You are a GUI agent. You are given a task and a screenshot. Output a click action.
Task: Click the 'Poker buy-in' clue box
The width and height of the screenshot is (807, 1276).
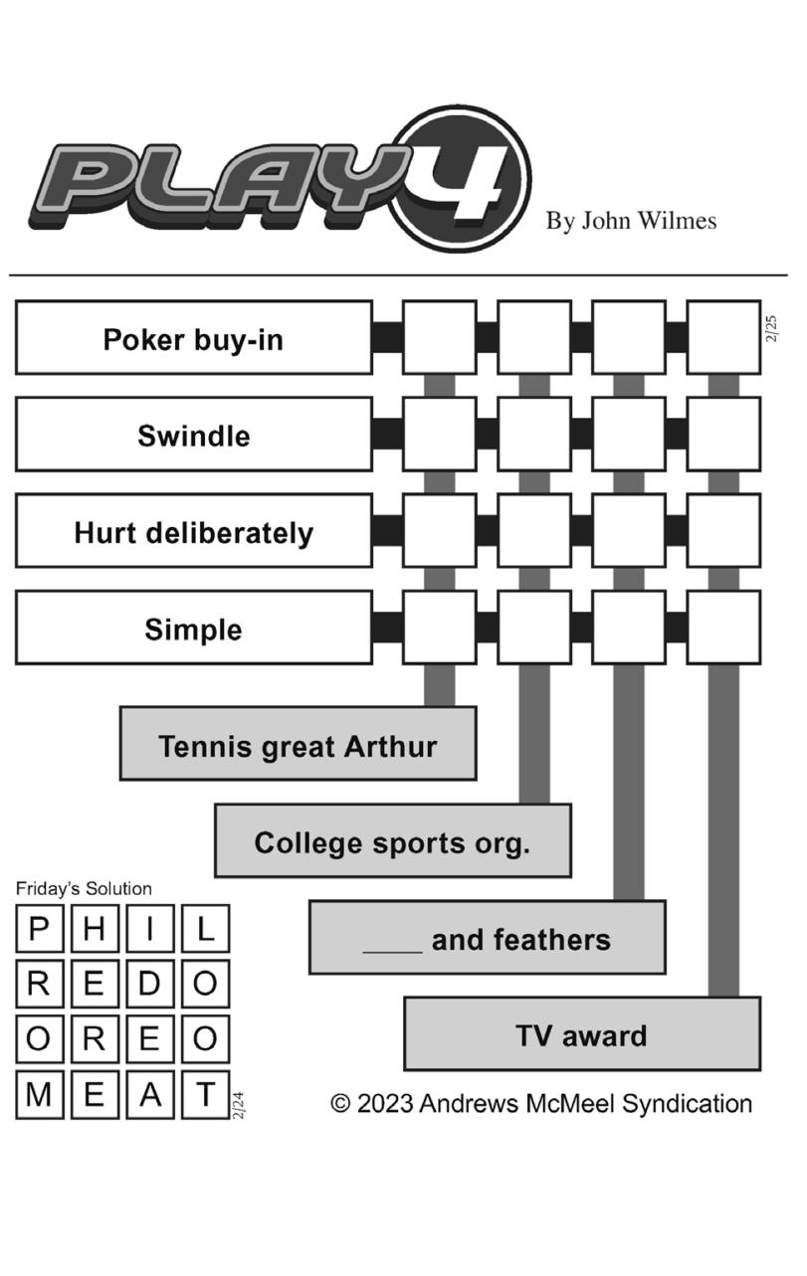coord(193,338)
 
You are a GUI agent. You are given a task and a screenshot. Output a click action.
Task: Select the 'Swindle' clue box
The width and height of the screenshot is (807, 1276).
coord(193,435)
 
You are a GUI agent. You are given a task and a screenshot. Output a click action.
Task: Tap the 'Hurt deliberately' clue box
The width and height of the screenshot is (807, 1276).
coord(193,532)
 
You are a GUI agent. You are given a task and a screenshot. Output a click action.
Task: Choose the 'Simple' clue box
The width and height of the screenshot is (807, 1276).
coord(193,629)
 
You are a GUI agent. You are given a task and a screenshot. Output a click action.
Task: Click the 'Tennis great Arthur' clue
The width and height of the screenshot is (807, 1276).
coord(298,745)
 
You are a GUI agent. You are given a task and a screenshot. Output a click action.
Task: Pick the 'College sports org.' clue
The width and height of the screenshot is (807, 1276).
coord(392,841)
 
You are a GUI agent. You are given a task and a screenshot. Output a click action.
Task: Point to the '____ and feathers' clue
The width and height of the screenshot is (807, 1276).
coord(487,938)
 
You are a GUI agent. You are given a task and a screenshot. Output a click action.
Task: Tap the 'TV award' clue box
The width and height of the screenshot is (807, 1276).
coord(581,1034)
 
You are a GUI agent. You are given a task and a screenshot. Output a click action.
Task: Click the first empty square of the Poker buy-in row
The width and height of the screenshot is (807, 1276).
coord(439,338)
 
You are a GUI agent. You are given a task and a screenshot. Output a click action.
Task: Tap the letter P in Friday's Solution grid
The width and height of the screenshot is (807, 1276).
coord(39,929)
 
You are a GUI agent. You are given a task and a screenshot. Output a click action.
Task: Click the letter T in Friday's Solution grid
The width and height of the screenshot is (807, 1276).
coord(205,1094)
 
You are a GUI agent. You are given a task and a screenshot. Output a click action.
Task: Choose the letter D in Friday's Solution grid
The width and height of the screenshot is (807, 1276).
coord(149,984)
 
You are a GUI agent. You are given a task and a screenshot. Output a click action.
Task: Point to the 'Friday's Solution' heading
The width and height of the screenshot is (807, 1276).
coord(84,888)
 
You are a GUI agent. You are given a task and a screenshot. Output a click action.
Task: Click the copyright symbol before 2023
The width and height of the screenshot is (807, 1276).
coord(341,1103)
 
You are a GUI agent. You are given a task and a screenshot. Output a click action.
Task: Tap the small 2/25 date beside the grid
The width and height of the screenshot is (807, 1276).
coord(772,329)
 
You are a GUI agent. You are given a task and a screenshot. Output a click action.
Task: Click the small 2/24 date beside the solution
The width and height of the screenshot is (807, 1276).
coord(238,1105)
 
